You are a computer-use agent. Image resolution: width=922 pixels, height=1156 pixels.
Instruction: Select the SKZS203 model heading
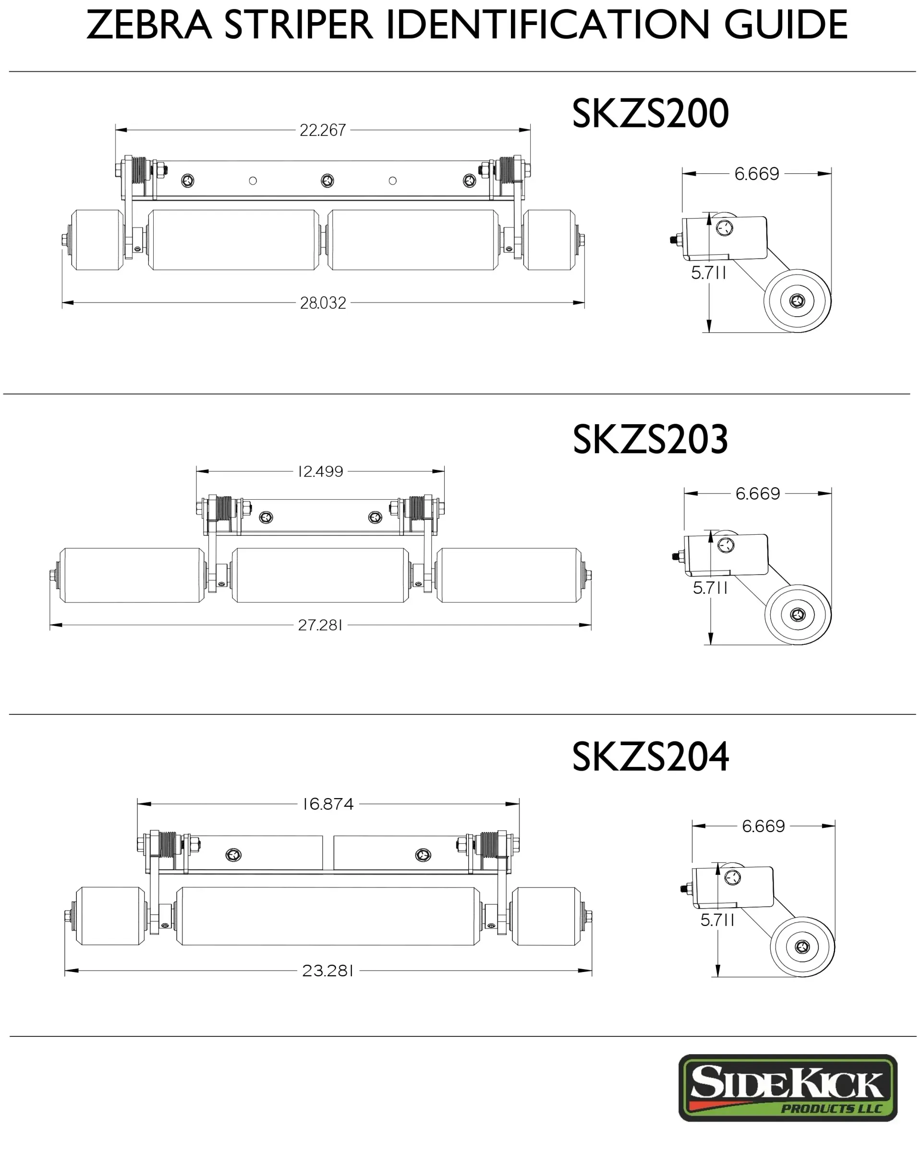pyautogui.click(x=650, y=439)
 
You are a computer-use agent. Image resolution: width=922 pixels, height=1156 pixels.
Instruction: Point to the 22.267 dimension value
pyautogui.click(x=323, y=130)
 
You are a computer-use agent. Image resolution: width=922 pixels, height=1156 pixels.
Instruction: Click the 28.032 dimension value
pyautogui.click(x=323, y=303)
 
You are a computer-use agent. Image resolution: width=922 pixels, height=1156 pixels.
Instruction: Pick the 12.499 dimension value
pyautogui.click(x=321, y=471)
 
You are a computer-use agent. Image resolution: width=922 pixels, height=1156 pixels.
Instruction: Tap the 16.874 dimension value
pyautogui.click(x=328, y=804)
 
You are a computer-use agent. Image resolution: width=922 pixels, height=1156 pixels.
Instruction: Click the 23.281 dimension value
pyautogui.click(x=328, y=971)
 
